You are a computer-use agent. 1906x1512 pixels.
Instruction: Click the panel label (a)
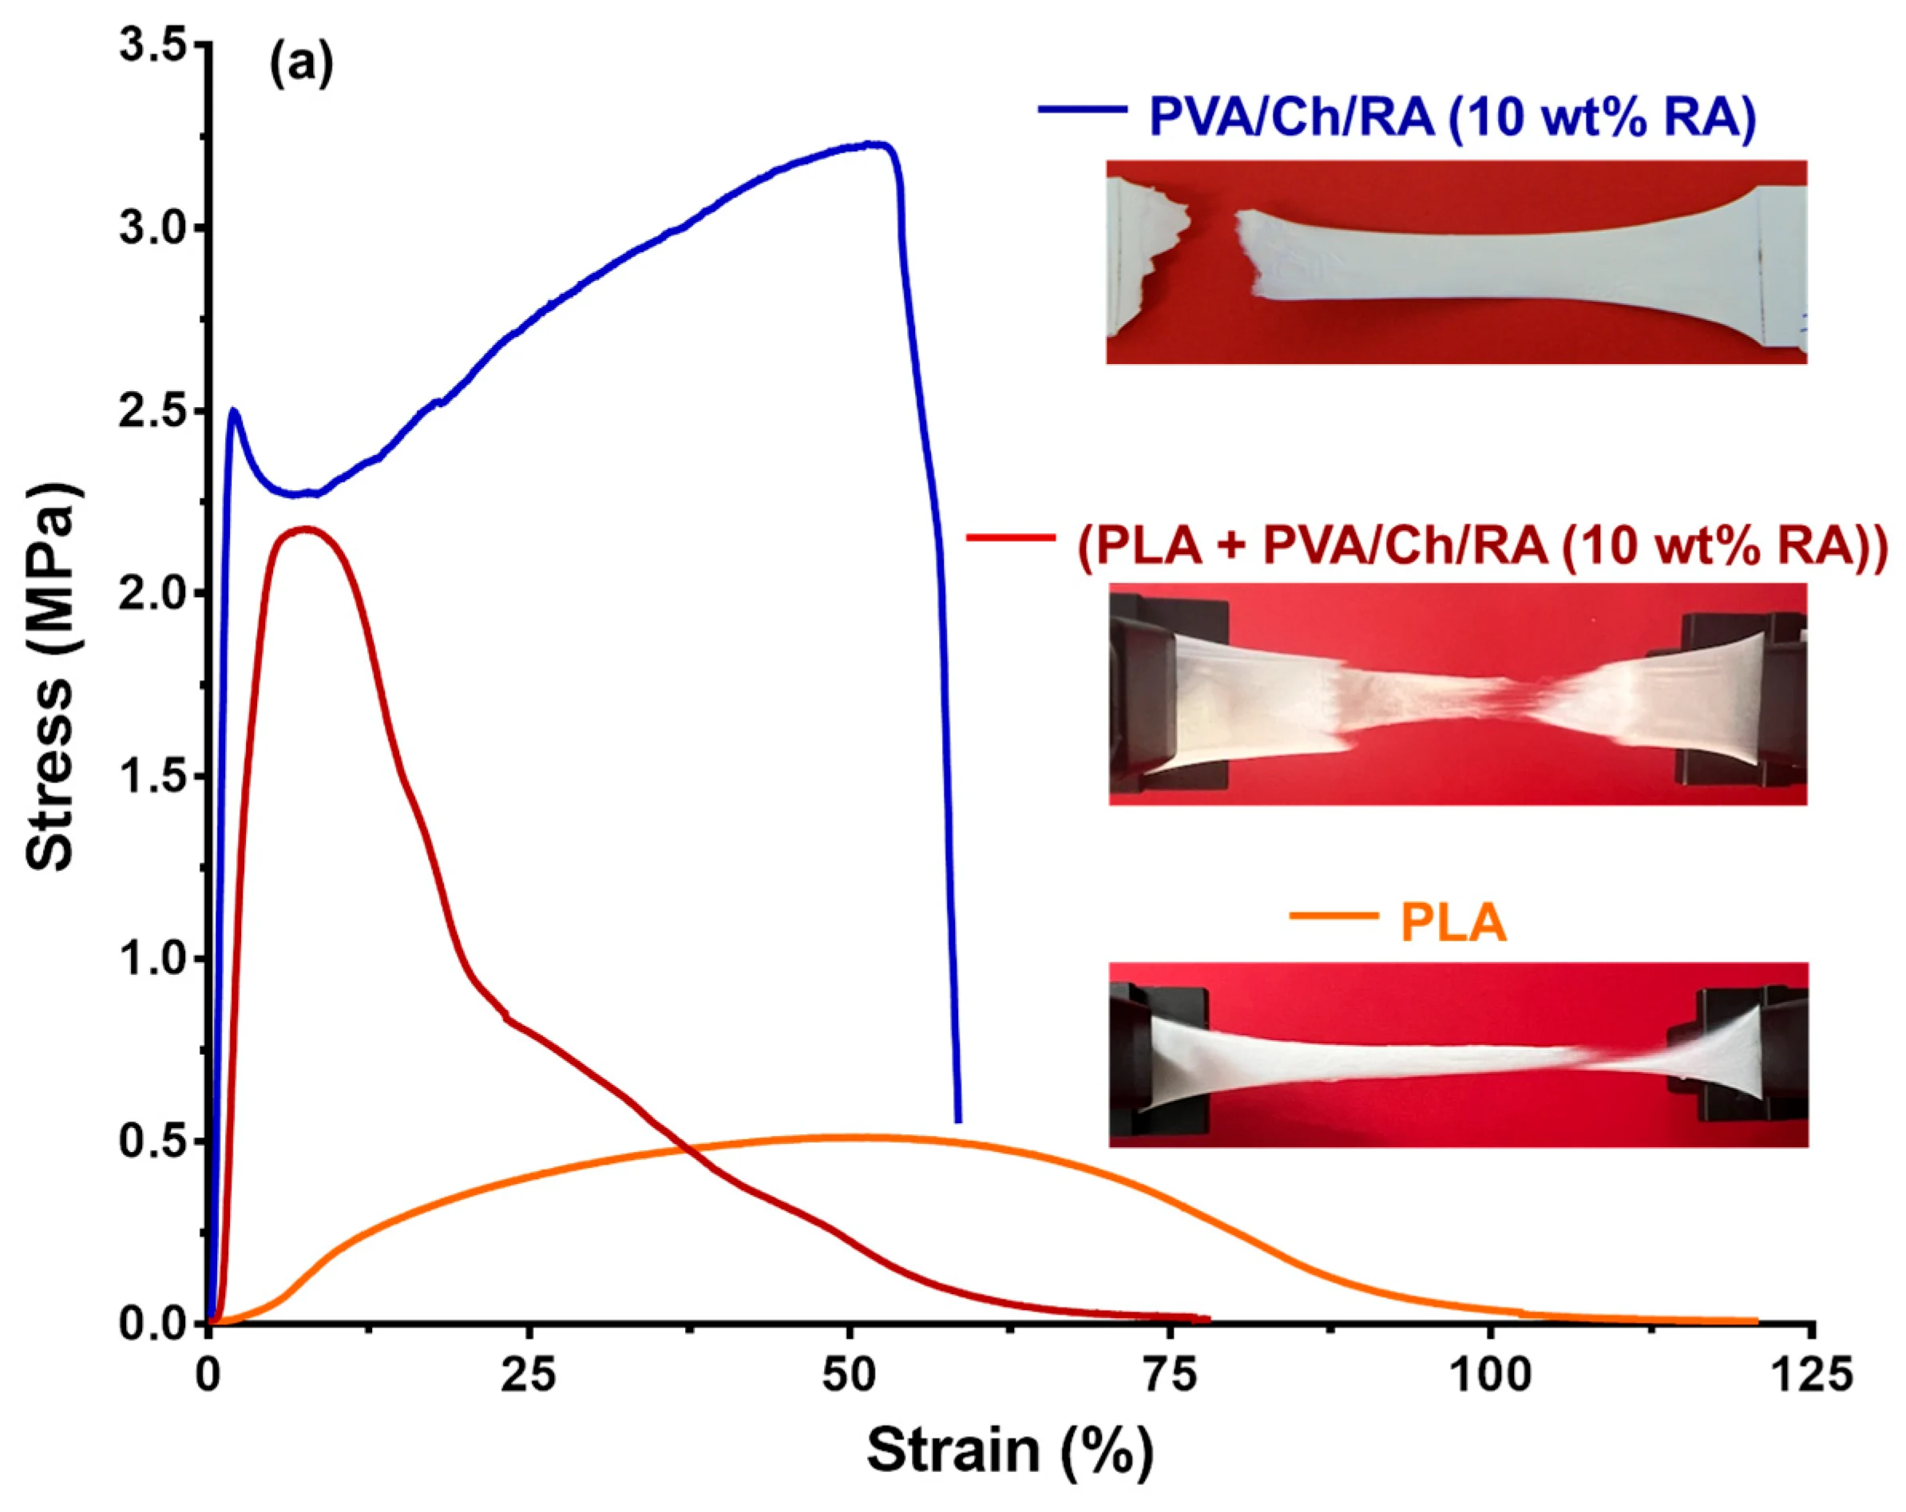(302, 65)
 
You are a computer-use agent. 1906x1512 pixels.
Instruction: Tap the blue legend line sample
(1082, 109)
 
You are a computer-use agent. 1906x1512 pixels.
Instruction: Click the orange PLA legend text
(1453, 924)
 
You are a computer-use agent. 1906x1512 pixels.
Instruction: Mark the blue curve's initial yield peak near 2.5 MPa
(234, 410)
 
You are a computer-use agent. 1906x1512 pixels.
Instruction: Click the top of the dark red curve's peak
(306, 529)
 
